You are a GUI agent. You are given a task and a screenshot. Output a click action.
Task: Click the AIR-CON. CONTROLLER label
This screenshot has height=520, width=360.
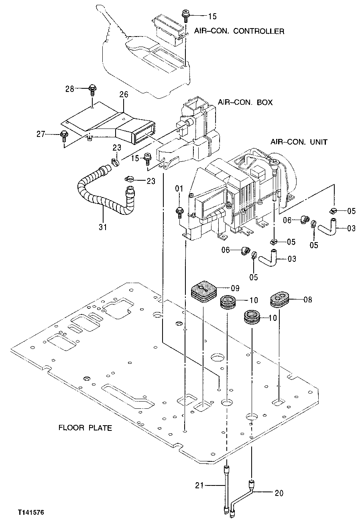click(239, 31)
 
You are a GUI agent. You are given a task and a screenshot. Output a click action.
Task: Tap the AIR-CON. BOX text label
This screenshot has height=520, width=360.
click(245, 102)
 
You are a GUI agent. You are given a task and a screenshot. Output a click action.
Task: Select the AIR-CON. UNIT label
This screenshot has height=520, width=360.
click(299, 142)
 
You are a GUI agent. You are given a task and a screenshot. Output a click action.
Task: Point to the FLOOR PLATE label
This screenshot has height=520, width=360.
click(85, 428)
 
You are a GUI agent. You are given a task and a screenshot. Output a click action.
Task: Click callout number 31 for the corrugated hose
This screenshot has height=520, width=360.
click(103, 227)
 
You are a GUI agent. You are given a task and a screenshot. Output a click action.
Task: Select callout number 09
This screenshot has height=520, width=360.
click(235, 288)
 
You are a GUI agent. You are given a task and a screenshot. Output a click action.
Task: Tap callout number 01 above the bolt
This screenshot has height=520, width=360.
click(179, 188)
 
